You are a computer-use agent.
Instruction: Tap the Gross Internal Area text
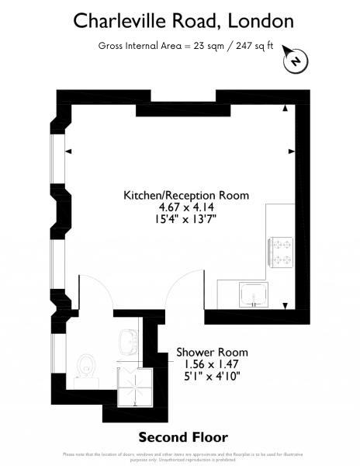click(x=186, y=45)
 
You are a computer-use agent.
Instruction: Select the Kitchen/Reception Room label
click(x=186, y=196)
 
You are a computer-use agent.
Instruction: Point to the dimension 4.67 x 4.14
click(x=186, y=207)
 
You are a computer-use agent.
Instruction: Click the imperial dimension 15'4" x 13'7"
click(x=186, y=219)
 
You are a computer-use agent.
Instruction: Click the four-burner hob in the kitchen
click(x=281, y=252)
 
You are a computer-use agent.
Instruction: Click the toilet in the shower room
click(x=88, y=367)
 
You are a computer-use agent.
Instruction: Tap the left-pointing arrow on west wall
click(x=68, y=151)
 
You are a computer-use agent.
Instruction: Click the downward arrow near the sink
click(x=287, y=304)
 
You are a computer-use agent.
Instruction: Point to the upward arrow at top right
click(x=287, y=108)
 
